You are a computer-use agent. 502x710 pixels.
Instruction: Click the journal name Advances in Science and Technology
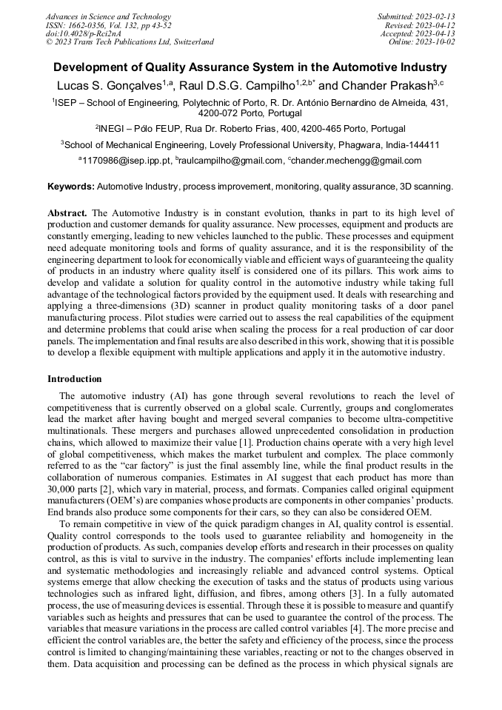(108, 16)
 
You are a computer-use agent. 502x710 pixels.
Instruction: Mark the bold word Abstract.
(67, 213)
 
